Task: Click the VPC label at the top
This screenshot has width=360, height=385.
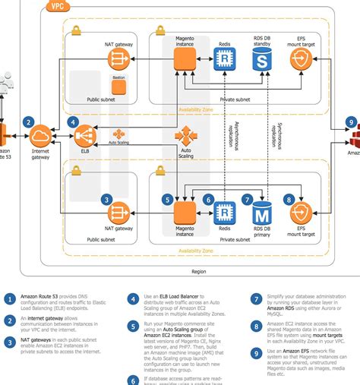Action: coord(57,6)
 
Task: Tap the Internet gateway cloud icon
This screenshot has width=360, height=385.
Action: coord(40,137)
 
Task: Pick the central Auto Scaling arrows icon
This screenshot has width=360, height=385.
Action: coord(186,137)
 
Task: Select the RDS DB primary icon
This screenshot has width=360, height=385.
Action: coord(261,213)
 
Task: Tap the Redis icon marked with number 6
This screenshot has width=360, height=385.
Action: coord(223,213)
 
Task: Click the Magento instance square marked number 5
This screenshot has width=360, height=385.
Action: coord(186,213)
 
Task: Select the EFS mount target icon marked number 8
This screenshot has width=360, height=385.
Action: coord(302,213)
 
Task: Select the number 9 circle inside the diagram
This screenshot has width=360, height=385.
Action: coord(350,121)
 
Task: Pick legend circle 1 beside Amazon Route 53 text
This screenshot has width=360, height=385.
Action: coord(8,298)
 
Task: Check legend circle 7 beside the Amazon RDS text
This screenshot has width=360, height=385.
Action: coord(257,298)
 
